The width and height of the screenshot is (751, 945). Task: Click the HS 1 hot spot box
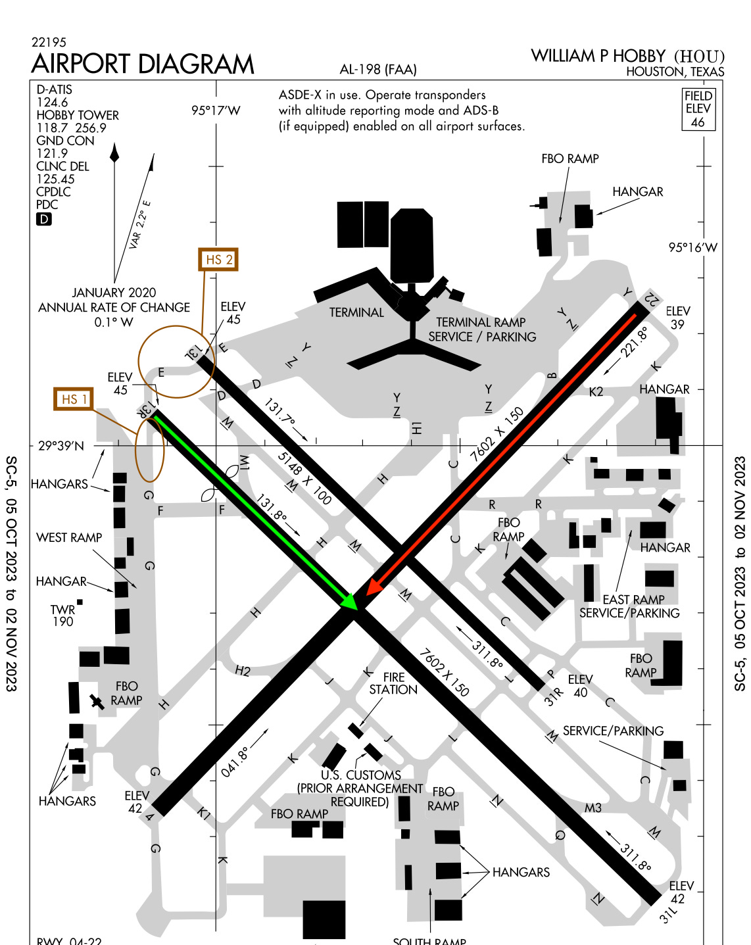coord(73,399)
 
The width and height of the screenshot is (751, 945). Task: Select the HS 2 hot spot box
coord(218,260)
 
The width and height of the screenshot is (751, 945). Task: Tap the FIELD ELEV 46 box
coord(698,109)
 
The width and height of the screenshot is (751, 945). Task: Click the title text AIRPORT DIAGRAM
coord(143,64)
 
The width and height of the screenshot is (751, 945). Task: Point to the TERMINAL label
coord(356,312)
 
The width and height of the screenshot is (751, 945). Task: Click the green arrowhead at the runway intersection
coord(349,601)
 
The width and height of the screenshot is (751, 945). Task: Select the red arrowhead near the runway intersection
coord(373,586)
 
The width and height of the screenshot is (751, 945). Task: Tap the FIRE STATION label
coord(393,683)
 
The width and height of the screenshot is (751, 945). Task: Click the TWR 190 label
coord(63,616)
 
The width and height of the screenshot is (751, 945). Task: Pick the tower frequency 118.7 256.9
coord(71,128)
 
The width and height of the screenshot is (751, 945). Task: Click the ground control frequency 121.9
coord(52,153)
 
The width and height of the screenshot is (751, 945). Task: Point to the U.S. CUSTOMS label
coord(361,775)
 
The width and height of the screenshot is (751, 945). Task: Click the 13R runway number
coord(147,408)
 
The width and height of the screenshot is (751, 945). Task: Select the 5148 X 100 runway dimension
coord(304,477)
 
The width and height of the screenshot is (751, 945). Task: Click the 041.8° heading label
coord(235,762)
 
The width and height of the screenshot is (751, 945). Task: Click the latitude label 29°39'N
coord(61,446)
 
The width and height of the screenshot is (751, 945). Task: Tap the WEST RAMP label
coord(69,537)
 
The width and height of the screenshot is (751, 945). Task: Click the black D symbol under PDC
coord(43,219)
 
